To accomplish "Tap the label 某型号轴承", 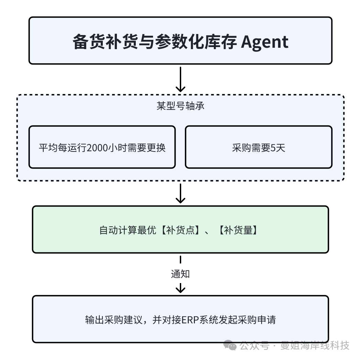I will pos(180,106).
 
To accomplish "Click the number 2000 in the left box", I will pos(98,148).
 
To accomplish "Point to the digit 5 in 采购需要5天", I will pos(273,148).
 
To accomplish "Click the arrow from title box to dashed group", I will pos(180,79).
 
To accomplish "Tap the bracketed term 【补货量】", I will pos(238,230).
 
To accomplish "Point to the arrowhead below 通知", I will pos(180,289).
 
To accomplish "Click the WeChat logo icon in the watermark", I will pos(230,345).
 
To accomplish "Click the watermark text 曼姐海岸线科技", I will pos(315,345).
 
